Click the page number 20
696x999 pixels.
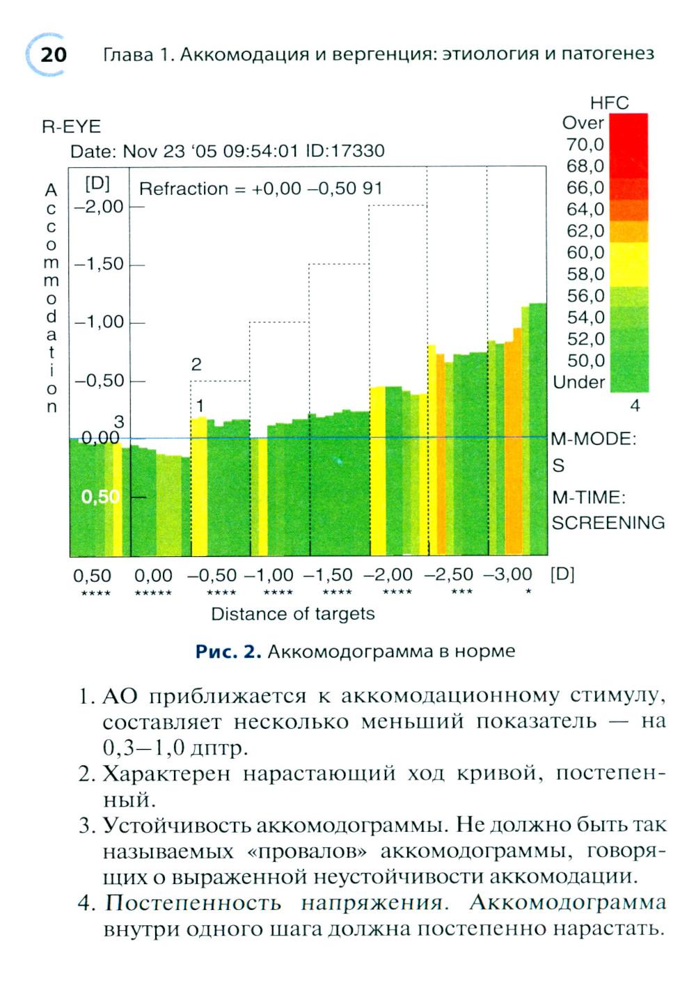[53, 54]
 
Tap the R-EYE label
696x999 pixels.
[71, 127]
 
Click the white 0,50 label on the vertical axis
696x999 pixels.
[100, 496]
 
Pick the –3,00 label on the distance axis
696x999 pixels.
[507, 575]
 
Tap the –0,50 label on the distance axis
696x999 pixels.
[212, 576]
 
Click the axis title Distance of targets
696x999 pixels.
[292, 614]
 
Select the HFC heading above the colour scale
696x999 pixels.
[609, 103]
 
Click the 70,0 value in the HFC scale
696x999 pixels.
[585, 145]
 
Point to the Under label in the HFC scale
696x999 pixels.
[579, 382]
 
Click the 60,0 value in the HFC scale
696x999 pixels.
[585, 253]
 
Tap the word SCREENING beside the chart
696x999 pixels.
[608, 523]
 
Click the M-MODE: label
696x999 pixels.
[593, 439]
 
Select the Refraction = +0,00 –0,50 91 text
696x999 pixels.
[261, 189]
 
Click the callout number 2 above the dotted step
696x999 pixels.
[196, 364]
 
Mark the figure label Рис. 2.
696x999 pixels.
[228, 652]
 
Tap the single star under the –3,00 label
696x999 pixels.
[528, 592]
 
